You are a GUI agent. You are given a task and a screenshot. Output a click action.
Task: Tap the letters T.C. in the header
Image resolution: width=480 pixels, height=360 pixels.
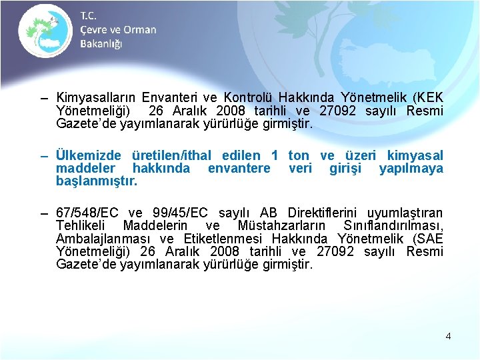(x=89, y=15)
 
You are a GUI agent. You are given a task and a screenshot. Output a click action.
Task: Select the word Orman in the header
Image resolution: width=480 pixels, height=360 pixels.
(x=140, y=29)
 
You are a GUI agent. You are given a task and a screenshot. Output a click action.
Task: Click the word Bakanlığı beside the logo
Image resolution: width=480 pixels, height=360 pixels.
(x=101, y=43)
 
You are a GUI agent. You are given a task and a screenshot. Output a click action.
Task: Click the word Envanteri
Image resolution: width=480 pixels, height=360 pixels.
(x=165, y=98)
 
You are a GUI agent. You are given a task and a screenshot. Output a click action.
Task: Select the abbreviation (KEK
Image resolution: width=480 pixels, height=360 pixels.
(x=426, y=98)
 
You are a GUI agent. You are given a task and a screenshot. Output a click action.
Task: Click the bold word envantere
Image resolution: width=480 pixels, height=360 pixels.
(x=239, y=169)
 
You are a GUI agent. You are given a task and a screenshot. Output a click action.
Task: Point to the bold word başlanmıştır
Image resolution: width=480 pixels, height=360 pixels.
(x=97, y=181)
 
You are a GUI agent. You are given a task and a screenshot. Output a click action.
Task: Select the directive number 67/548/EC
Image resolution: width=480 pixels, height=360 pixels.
(x=87, y=213)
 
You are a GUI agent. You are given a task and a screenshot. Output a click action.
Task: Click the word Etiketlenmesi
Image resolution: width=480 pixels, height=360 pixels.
(x=217, y=239)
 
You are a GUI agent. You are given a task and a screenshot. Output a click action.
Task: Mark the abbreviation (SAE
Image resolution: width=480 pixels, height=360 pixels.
(x=426, y=239)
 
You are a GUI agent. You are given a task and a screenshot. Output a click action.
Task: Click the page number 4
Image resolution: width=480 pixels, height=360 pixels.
(x=448, y=336)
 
